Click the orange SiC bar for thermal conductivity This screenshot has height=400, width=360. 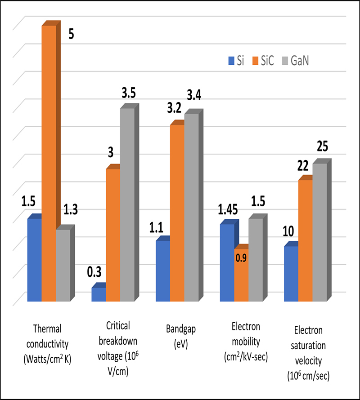pos(49,162)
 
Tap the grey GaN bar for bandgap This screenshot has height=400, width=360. pos(191,207)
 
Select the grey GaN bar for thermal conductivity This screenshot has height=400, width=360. pos(63,265)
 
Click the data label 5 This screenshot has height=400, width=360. pos(71,34)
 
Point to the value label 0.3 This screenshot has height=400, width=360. pos(95,271)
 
